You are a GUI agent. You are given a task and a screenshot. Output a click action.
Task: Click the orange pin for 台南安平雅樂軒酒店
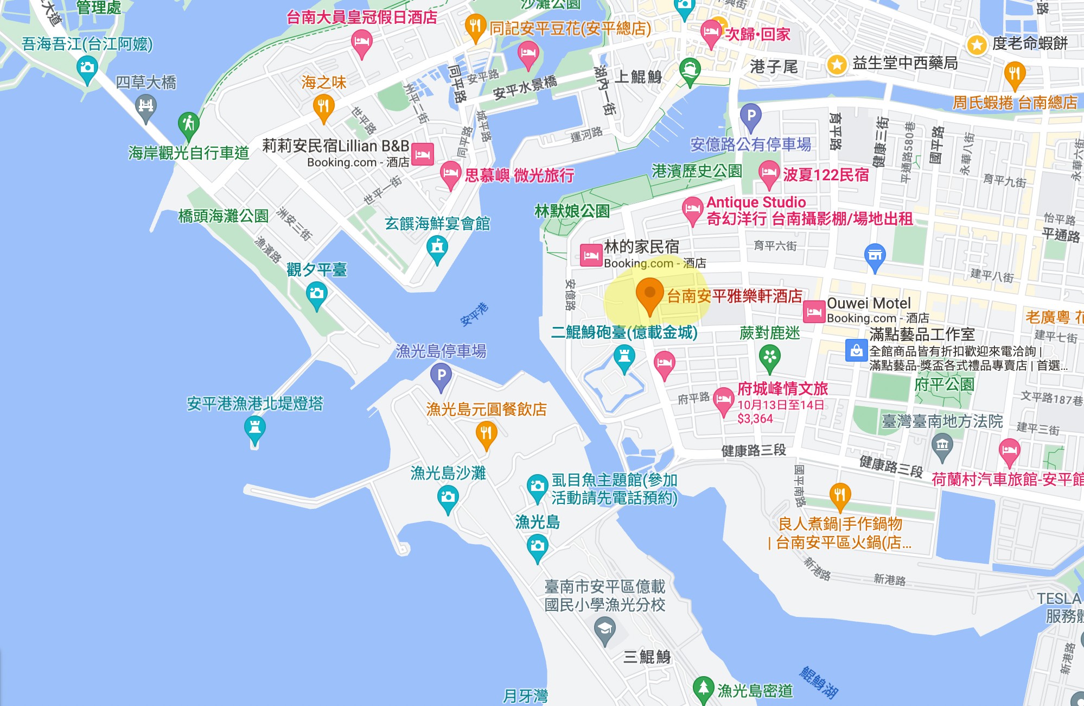(x=649, y=294)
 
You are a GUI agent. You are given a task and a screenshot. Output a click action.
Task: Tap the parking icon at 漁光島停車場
(x=441, y=375)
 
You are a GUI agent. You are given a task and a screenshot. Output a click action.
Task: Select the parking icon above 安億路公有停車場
(x=751, y=116)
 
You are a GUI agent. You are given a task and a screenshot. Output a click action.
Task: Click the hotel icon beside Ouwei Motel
(x=814, y=312)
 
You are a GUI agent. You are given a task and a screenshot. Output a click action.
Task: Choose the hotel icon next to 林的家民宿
(x=591, y=255)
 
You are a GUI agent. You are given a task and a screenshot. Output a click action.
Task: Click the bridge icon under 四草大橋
(x=145, y=106)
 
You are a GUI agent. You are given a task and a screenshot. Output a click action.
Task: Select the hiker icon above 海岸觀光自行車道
(x=188, y=124)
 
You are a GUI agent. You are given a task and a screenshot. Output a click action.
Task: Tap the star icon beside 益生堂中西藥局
(x=837, y=65)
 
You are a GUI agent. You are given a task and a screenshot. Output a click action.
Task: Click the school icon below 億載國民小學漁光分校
(x=604, y=631)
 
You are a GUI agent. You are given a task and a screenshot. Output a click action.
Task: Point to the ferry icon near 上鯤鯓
(x=690, y=70)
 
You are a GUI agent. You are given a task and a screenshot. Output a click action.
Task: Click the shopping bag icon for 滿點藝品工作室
(x=856, y=350)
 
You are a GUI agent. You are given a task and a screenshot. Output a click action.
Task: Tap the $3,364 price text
(x=755, y=419)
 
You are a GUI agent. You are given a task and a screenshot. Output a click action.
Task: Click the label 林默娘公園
(x=572, y=211)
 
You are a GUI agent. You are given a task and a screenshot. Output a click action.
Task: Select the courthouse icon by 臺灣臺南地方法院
(x=942, y=446)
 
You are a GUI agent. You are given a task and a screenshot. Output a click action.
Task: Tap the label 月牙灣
(x=525, y=695)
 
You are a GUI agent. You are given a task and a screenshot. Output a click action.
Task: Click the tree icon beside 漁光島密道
(x=703, y=688)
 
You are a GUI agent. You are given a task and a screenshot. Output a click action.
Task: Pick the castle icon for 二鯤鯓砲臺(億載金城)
(x=624, y=358)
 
